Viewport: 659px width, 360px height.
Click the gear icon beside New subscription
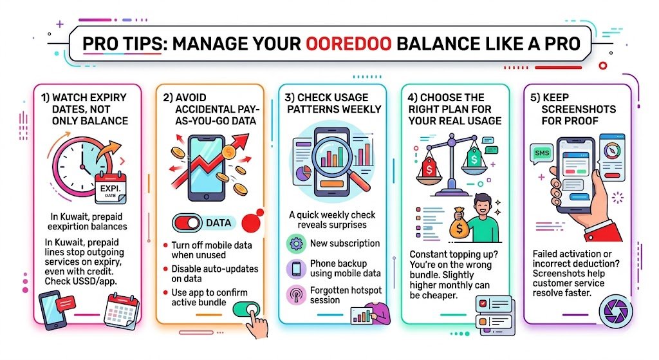pos(295,244)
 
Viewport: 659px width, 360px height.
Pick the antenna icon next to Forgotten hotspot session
pos(295,294)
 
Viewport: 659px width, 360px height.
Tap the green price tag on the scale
pos(474,156)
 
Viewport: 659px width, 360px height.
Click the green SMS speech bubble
pos(540,154)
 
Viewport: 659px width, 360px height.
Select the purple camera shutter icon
pos(610,310)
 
